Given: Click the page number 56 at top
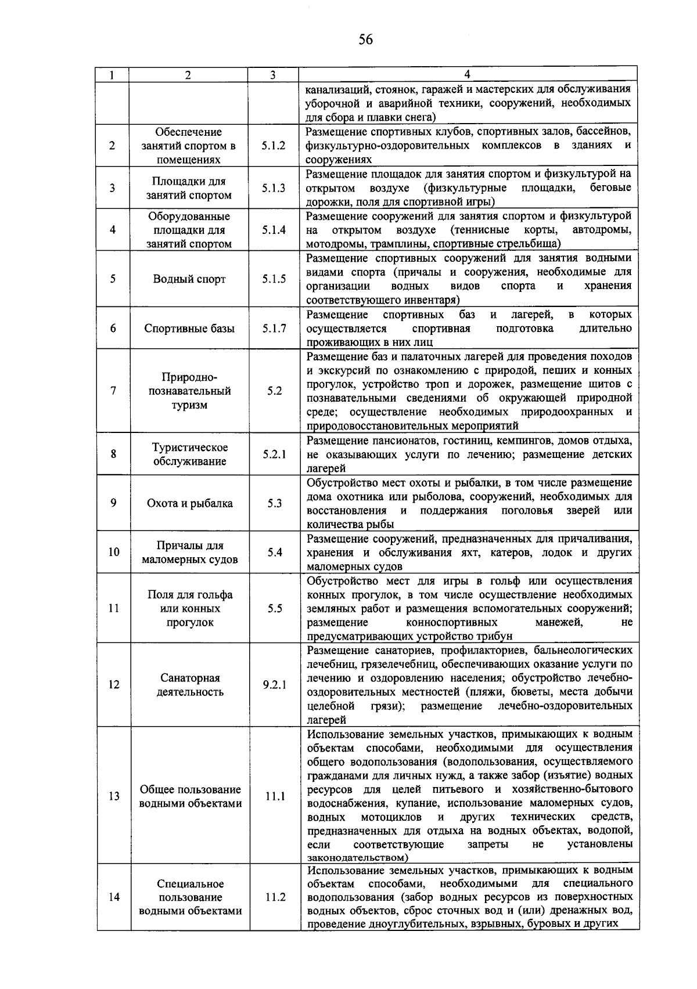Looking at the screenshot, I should pyautogui.click(x=365, y=39).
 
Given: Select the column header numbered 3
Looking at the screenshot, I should pyautogui.click(x=272, y=75).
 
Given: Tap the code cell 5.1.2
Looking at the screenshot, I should pyautogui.click(x=274, y=146).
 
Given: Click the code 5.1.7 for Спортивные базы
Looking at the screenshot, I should pyautogui.click(x=274, y=329).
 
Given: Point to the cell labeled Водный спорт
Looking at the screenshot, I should pyautogui.click(x=189, y=279).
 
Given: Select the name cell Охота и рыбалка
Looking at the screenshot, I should pyautogui.click(x=189, y=503).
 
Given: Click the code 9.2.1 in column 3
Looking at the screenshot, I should pyautogui.click(x=274, y=685).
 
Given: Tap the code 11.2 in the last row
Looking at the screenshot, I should pyautogui.click(x=275, y=897).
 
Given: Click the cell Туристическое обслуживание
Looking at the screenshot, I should pyautogui.click(x=189, y=454).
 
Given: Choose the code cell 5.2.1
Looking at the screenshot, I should pyautogui.click(x=274, y=454).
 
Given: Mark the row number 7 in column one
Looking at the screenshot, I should pyautogui.click(x=113, y=391).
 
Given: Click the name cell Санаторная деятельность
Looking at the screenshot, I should pyautogui.click(x=189, y=685).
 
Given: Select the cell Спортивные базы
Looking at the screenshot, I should pyautogui.click(x=189, y=329).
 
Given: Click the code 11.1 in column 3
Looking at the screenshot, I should pyautogui.click(x=275, y=796).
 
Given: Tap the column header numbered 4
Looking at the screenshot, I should pyautogui.click(x=468, y=74).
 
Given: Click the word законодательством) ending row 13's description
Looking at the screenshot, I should pyautogui.click(x=357, y=857).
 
